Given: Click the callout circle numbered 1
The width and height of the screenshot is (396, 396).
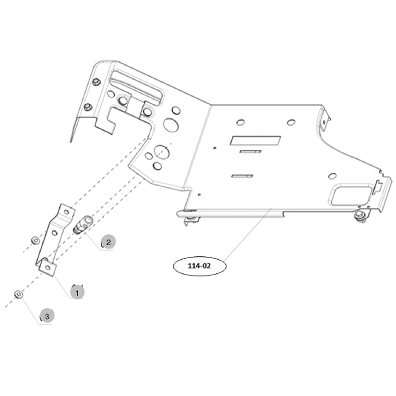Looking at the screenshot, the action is (77, 293).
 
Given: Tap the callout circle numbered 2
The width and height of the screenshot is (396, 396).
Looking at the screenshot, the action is (108, 242).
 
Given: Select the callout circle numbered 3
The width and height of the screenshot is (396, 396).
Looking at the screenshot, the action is (47, 316).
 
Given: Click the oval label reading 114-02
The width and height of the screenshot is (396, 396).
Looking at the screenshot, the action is (200, 266).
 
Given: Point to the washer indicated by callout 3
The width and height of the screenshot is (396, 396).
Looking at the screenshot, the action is (19, 294).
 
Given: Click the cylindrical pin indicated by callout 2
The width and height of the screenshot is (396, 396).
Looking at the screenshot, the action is (83, 224).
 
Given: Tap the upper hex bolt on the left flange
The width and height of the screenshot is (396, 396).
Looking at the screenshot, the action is (96, 82).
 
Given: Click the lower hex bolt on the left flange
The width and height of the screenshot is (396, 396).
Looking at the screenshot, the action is (88, 107).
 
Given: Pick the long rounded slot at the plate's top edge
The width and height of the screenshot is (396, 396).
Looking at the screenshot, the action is (137, 87).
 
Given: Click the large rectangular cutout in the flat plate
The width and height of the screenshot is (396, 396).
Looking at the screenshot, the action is (255, 141).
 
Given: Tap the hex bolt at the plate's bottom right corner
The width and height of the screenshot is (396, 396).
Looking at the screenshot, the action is (360, 216).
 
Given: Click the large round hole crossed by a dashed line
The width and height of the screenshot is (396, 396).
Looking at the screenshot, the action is (162, 152).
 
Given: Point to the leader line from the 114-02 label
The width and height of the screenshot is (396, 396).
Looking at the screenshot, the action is (248, 234).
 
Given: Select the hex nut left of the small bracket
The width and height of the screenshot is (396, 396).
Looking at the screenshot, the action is (35, 240).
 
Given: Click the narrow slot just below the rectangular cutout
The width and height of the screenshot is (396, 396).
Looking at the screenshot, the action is (251, 152).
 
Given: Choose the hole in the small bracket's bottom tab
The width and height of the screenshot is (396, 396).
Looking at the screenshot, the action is (48, 267).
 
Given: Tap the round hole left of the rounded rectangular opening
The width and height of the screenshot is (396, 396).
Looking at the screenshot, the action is (332, 176).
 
